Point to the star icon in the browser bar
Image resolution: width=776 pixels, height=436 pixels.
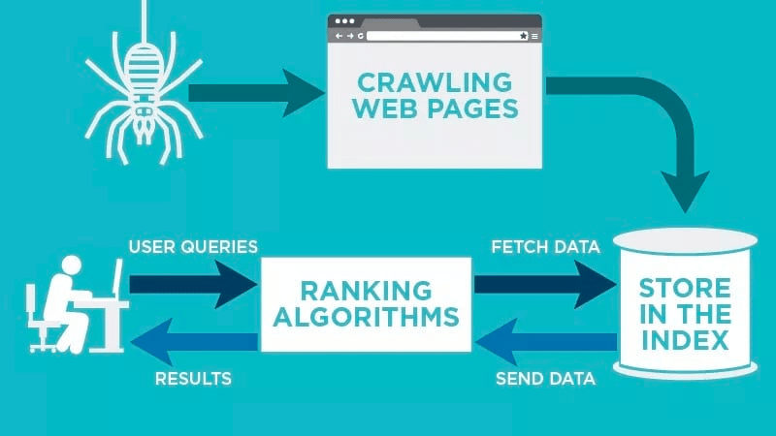[x=523, y=36]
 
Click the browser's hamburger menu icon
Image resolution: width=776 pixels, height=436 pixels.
[x=534, y=36]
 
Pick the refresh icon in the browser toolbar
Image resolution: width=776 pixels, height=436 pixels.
[x=360, y=36]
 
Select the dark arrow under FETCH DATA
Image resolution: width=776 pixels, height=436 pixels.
[x=543, y=283]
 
